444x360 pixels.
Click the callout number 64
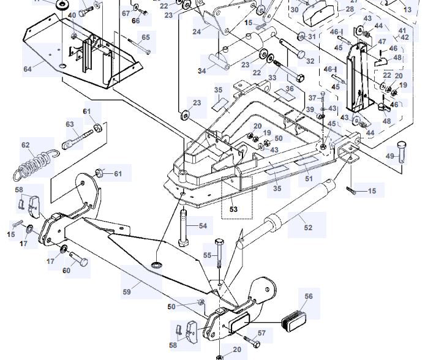28,69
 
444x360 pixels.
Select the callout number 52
308,227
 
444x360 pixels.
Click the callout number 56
309,296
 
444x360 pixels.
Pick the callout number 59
127,292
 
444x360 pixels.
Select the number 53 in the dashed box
233,209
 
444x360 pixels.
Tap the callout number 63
70,125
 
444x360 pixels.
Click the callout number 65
145,38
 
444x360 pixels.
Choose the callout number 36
290,88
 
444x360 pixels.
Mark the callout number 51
309,179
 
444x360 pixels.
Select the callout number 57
262,333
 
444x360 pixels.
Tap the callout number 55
207,255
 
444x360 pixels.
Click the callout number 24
197,32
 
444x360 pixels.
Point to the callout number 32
310,61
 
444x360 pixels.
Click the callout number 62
25,146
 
